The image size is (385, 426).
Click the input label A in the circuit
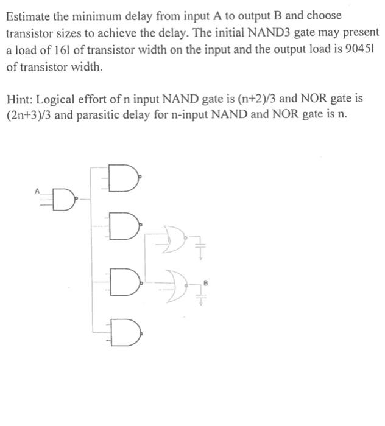pos(37,190)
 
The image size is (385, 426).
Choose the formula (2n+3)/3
pos(30,115)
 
